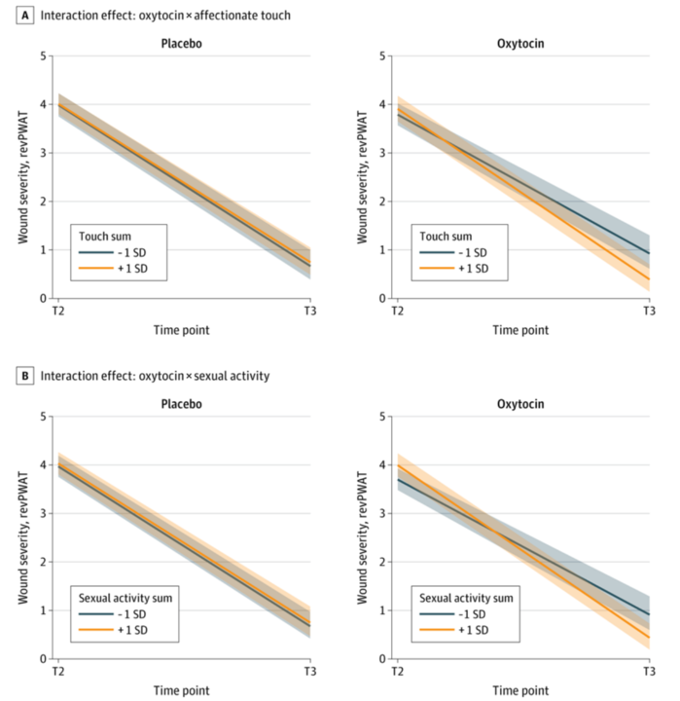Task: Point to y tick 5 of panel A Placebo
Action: click(44, 55)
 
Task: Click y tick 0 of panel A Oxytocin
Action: click(383, 299)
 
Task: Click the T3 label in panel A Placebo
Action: click(310, 311)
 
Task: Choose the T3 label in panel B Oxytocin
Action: click(650, 672)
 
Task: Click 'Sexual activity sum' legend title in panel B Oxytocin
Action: click(465, 598)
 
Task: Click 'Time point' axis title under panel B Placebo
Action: click(182, 690)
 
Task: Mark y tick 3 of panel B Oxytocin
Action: click(383, 514)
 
